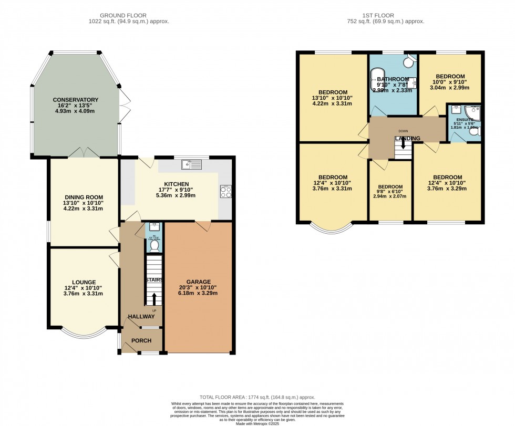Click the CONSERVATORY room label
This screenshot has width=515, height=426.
click(x=75, y=100)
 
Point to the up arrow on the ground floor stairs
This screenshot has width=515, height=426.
click(x=154, y=299)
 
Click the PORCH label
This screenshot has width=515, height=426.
click(x=141, y=341)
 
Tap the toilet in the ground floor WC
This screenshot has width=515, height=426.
click(x=154, y=245)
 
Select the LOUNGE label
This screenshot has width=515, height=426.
click(x=84, y=282)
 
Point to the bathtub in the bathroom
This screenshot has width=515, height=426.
click(x=380, y=85)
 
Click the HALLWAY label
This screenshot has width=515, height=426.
click(x=142, y=316)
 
